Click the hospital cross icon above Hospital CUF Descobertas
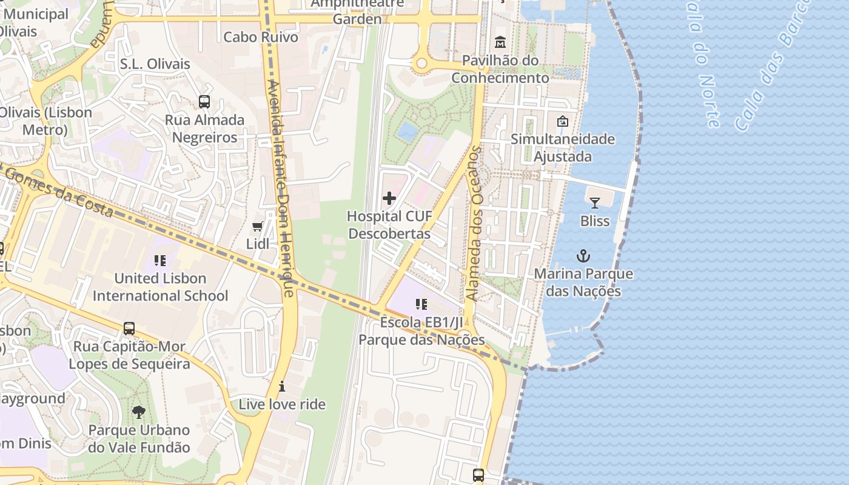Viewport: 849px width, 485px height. [x=389, y=198]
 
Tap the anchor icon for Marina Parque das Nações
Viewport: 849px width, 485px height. [x=583, y=256]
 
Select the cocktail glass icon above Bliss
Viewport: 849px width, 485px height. [x=594, y=202]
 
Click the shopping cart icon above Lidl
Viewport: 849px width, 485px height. [x=257, y=226]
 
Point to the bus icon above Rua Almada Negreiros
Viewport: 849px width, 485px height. [x=204, y=102]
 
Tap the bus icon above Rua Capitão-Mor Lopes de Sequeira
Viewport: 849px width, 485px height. [x=129, y=329]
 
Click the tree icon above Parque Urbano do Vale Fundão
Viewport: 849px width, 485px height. [x=139, y=412]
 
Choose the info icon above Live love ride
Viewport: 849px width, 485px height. [x=282, y=386]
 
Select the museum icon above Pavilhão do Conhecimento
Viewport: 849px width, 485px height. [x=500, y=42]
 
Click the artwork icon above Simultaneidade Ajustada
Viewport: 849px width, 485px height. [x=562, y=121]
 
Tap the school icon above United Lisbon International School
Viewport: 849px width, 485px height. [x=160, y=261]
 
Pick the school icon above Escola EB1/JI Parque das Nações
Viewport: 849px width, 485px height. [x=421, y=304]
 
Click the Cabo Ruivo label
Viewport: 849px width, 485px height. [x=261, y=37]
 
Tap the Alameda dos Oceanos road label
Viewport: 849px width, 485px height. [x=474, y=224]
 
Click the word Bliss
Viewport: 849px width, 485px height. [x=595, y=221]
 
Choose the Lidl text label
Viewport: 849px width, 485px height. [x=258, y=244]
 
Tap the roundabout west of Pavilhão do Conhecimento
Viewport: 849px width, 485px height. [x=422, y=63]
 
